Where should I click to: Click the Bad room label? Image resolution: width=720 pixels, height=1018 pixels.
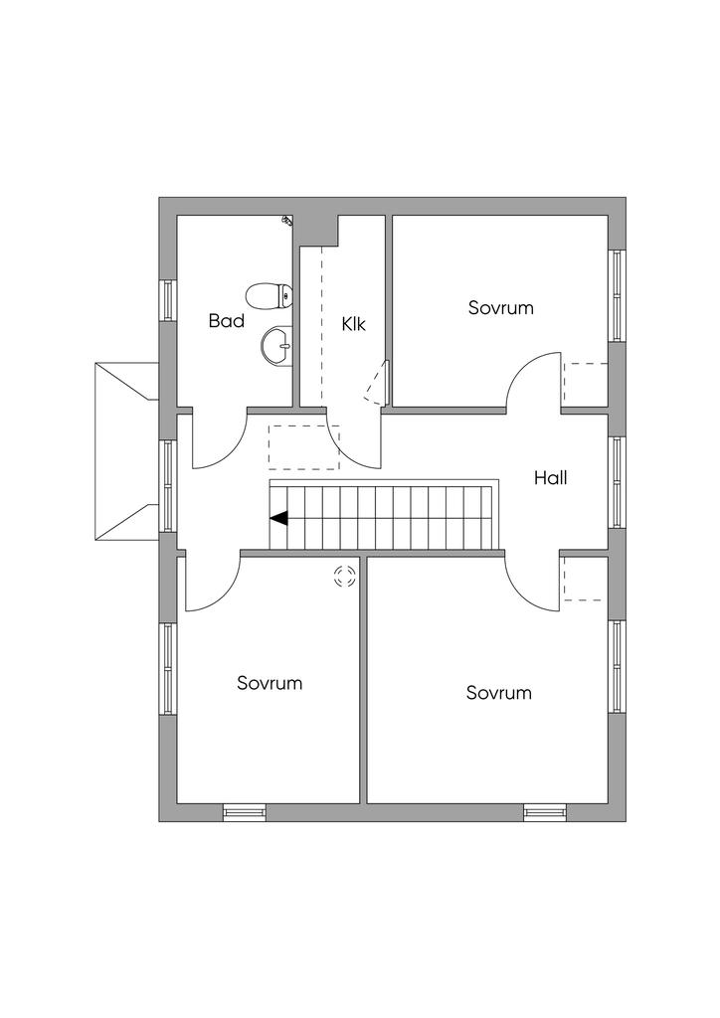tap(227, 321)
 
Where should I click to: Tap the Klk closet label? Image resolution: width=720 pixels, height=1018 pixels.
tap(354, 324)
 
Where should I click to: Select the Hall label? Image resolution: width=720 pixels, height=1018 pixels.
tap(551, 478)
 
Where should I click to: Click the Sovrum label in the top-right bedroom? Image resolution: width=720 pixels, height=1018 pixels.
tap(500, 307)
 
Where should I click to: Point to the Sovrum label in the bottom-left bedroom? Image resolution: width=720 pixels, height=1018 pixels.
tap(270, 683)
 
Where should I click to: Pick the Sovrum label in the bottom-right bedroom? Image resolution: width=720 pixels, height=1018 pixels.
tap(498, 693)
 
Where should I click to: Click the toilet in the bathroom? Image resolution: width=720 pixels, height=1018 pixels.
tap(269, 296)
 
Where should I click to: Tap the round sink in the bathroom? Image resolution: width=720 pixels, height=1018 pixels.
tap(277, 345)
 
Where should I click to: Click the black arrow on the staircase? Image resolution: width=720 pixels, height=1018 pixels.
tap(279, 518)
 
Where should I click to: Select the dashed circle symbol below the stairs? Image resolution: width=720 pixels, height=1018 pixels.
tap(345, 576)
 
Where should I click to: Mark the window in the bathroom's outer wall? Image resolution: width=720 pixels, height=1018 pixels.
tap(168, 299)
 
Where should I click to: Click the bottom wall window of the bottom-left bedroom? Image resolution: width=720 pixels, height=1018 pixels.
tap(245, 812)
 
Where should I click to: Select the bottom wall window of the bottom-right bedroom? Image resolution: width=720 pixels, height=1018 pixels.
tap(545, 812)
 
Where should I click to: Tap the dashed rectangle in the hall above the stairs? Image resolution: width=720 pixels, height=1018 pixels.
tap(304, 447)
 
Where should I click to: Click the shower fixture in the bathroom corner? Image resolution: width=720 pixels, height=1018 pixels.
tap(287, 220)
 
